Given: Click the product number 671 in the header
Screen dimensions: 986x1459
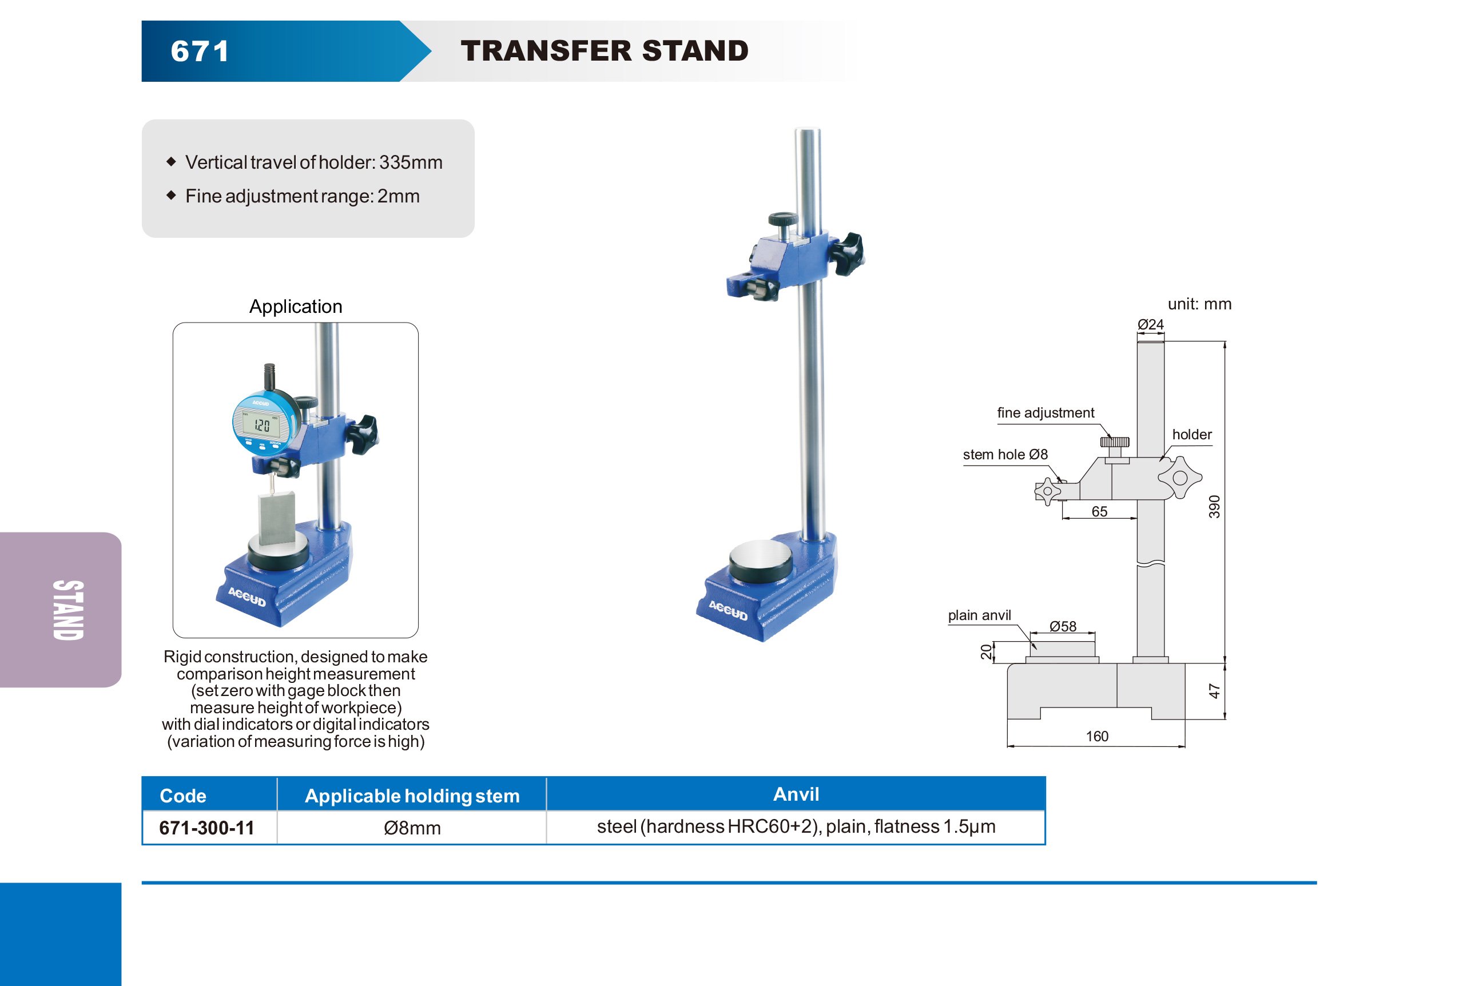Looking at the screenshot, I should pos(200,51).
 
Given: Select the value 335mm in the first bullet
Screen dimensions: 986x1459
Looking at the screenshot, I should pos(411,162).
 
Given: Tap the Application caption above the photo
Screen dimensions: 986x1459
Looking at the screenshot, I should pos(296,307).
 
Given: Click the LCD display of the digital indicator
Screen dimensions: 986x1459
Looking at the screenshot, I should pos(263,425).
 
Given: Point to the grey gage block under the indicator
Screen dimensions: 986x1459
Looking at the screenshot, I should pos(277,517).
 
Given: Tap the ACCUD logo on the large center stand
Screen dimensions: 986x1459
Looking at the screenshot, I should pos(728,610).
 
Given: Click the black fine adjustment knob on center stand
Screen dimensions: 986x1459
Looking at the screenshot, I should pos(782,220).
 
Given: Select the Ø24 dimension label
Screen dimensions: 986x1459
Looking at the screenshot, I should pos(1150,324).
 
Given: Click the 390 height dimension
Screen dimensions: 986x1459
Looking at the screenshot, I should pos(1214,507).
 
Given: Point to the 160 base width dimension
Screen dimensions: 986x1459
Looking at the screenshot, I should pos(1097,736).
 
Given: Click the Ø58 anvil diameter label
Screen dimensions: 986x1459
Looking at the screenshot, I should pos(1063,626).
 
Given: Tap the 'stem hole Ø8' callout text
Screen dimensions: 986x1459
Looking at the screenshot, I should pos(1005,455).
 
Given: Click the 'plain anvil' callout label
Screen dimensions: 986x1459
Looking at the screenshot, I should pos(979,615).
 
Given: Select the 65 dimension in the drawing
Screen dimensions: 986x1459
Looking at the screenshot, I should pos(1099,511).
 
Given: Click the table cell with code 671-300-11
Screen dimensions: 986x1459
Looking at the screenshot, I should pos(206,828).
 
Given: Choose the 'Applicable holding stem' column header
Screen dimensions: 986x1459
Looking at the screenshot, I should pos(412,796).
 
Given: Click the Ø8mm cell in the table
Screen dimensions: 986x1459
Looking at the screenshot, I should pos(412,828).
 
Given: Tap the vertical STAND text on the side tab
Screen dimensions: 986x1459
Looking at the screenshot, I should pos(68,610).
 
